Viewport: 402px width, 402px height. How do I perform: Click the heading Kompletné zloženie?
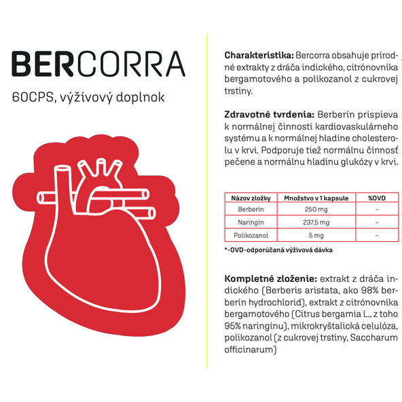tap(270, 278)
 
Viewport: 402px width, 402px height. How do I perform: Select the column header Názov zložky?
tap(251, 198)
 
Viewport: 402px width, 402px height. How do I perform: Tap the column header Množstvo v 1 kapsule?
tap(316, 198)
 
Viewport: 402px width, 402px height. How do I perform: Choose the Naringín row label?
tap(251, 222)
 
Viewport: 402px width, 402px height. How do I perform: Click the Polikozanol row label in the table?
tap(251, 235)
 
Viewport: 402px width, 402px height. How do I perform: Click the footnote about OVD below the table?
tap(278, 250)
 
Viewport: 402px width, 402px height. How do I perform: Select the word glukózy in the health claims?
tap(360, 163)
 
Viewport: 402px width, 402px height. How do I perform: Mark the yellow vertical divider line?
tap(206, 204)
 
